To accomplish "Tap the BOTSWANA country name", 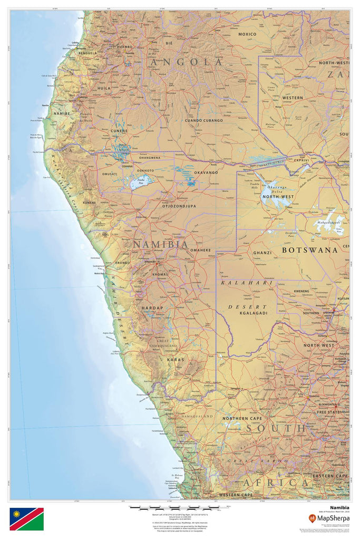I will tap(309, 250).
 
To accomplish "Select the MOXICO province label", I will tap(247, 34).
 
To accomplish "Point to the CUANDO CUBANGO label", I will tap(203, 120).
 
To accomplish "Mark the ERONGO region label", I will tap(122, 262).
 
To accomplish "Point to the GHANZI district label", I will tap(262, 253).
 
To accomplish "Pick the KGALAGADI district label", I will tap(254, 313).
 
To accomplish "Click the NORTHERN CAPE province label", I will tap(242, 418).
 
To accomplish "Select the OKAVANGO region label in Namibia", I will tap(206, 172).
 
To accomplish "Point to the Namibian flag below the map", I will tap(26, 519).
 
